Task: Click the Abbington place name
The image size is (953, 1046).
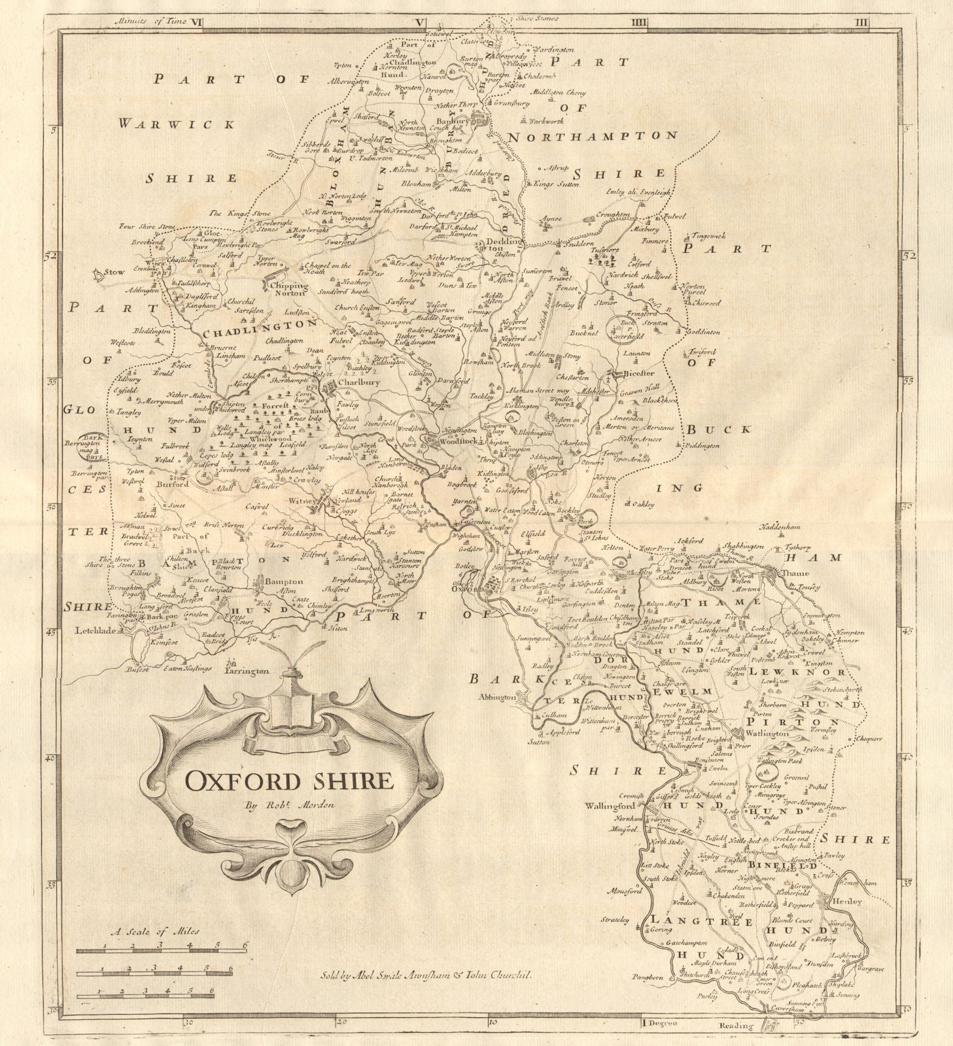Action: [499, 697]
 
